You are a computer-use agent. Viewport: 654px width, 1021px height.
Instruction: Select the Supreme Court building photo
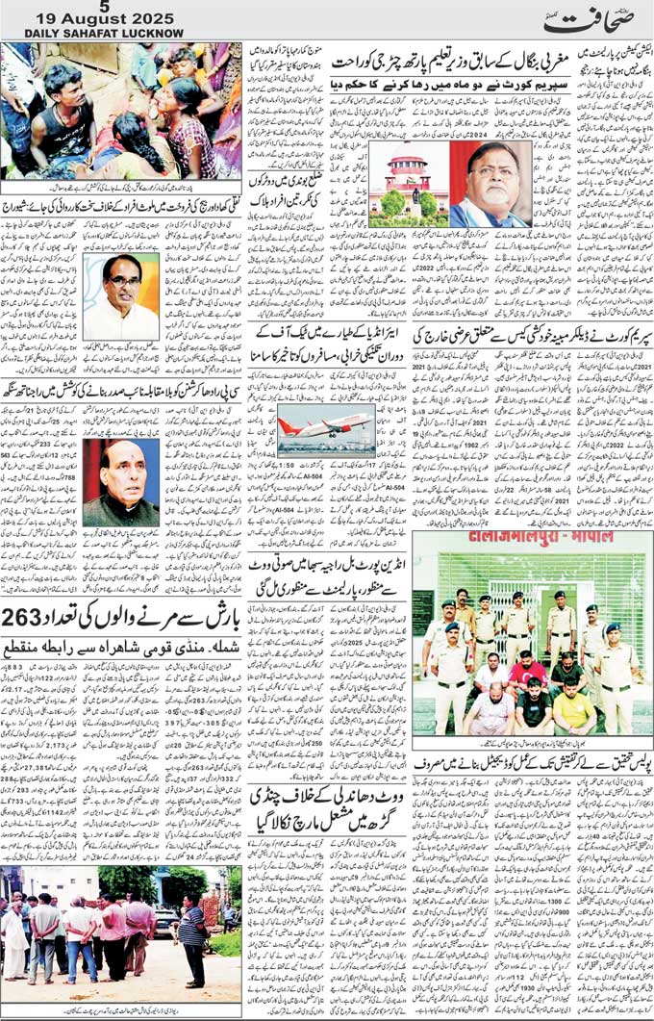pos(408,184)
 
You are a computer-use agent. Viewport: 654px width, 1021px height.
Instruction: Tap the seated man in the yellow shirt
pos(573,710)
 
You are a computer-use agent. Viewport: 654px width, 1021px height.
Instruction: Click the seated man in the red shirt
pos(527,674)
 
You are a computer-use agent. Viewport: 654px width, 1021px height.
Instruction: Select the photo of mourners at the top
pos(120,111)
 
